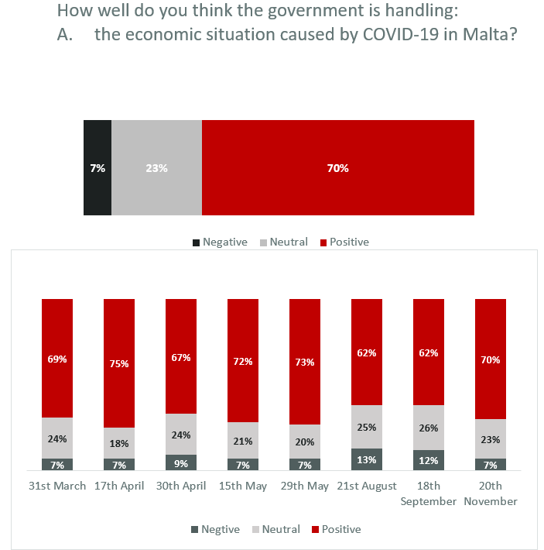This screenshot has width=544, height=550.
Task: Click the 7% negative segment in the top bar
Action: pyautogui.click(x=98, y=167)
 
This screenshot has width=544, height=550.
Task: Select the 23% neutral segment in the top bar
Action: pyautogui.click(x=156, y=167)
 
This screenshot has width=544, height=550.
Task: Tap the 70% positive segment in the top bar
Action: pyautogui.click(x=337, y=167)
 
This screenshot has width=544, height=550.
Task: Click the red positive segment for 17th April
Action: pyautogui.click(x=119, y=363)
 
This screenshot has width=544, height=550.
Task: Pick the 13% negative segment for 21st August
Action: pyautogui.click(x=367, y=459)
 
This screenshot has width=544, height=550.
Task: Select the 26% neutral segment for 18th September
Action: pyautogui.click(x=429, y=428)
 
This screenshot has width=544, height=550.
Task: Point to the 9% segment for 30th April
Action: pyautogui.click(x=181, y=462)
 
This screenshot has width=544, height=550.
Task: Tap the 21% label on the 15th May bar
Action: pyautogui.click(x=243, y=441)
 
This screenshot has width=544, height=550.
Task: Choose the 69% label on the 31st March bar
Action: pyautogui.click(x=57, y=359)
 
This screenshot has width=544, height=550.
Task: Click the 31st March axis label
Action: pyautogui.click(x=58, y=486)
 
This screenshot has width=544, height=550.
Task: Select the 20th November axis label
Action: pyautogui.click(x=491, y=493)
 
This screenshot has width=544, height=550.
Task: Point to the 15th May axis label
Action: pyautogui.click(x=243, y=486)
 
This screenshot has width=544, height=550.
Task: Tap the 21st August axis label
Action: pyautogui.click(x=367, y=486)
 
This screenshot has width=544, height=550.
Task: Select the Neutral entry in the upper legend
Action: pyautogui.click(x=288, y=242)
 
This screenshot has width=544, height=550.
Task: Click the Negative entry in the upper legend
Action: pyautogui.click(x=224, y=242)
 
